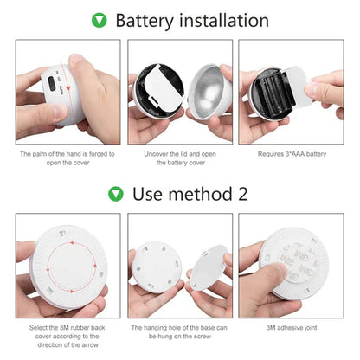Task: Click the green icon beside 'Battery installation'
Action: click(100, 20)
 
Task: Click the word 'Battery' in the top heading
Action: click(144, 20)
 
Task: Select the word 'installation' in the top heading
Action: click(221, 20)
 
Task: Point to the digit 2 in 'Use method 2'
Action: click(242, 193)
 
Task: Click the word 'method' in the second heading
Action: click(197, 193)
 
